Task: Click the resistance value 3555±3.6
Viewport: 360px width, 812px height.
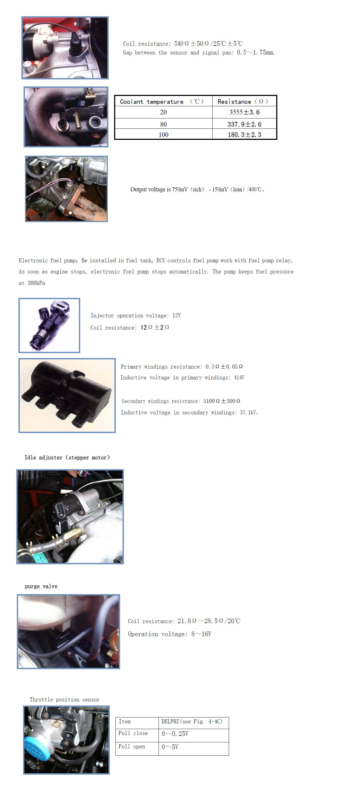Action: pos(244,112)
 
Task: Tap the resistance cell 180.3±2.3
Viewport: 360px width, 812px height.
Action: pos(244,135)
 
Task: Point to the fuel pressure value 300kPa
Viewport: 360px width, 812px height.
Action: pos(36,283)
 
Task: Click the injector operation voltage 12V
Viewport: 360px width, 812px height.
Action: pos(176,315)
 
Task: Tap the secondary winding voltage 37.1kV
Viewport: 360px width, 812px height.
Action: pos(248,413)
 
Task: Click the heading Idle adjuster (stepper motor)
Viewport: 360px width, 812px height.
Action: pos(67,457)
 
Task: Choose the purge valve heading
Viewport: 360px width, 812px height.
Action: pos(41,586)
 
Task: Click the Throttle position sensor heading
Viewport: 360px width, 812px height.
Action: pos(65,700)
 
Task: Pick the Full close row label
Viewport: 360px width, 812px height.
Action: pos(133,733)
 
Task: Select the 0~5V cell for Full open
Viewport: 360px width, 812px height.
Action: pos(170,747)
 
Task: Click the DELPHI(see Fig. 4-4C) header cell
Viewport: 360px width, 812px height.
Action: pos(192,721)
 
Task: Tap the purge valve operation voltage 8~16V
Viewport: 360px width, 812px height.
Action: pos(201,634)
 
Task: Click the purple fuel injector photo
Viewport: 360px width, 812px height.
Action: pos(50,325)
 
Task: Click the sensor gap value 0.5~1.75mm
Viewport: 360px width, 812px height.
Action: pos(256,52)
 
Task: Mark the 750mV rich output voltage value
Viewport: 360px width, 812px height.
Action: pos(180,189)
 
